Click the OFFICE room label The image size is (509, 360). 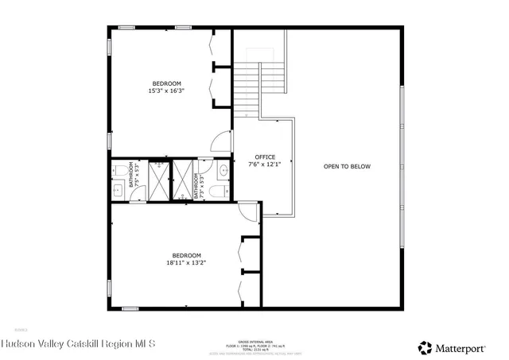point(265,157)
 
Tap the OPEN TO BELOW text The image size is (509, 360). point(347,166)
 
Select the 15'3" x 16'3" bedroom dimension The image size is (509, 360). point(166,91)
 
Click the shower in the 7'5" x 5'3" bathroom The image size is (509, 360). point(159,180)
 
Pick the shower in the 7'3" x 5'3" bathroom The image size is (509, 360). point(183,180)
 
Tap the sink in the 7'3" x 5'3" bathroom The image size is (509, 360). point(223,170)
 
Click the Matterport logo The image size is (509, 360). point(453,347)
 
